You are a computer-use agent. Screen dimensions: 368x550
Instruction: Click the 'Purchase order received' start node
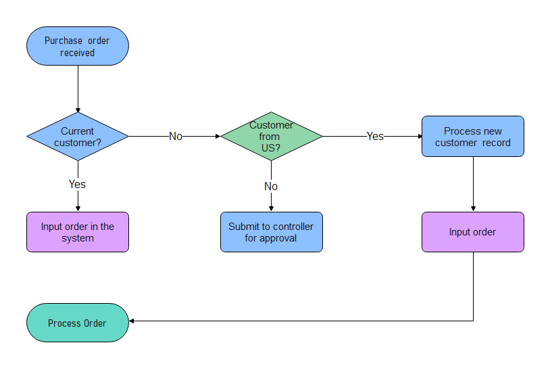click(x=78, y=46)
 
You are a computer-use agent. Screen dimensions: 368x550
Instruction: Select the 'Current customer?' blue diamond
click(x=78, y=136)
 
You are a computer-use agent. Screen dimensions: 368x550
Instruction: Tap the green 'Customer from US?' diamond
click(x=272, y=136)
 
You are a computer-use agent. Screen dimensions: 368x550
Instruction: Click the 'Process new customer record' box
click(x=473, y=137)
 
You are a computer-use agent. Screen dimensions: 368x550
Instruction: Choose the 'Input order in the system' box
click(x=78, y=232)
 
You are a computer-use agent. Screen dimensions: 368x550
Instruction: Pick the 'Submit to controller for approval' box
click(x=272, y=232)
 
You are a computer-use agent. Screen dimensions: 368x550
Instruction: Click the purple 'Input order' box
click(x=473, y=232)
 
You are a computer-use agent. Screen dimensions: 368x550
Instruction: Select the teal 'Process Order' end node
click(x=78, y=323)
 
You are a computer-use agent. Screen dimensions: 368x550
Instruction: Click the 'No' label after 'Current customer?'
click(x=176, y=136)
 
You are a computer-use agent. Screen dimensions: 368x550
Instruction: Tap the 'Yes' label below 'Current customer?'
click(x=78, y=184)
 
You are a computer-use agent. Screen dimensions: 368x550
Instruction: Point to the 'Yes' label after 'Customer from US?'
click(x=375, y=136)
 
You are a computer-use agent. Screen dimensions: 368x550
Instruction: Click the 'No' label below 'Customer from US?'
click(x=271, y=186)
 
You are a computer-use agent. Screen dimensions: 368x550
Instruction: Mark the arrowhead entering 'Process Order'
click(x=132, y=321)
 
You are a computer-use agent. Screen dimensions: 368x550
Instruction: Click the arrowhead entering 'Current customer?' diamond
click(x=78, y=110)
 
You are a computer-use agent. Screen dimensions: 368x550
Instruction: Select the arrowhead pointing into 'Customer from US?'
click(x=218, y=136)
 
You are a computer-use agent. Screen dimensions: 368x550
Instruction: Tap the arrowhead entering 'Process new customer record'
click(x=419, y=136)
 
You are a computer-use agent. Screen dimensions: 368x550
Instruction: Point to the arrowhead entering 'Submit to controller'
click(x=272, y=209)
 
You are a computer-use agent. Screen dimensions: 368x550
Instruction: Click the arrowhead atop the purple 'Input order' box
click(x=473, y=209)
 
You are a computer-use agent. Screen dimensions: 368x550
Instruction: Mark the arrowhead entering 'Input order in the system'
click(x=78, y=209)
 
